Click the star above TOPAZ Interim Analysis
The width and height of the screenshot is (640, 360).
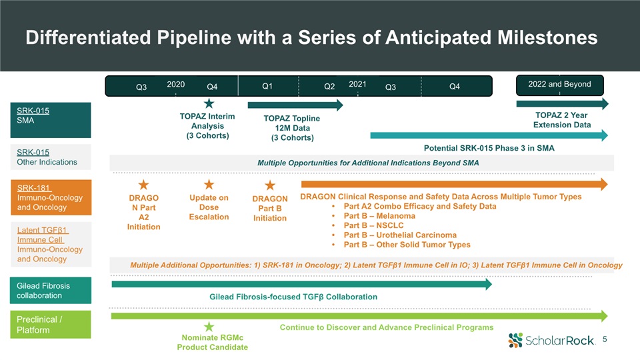click(209, 103)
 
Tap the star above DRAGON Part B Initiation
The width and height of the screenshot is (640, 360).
click(270, 185)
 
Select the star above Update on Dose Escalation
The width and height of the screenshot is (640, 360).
click(209, 185)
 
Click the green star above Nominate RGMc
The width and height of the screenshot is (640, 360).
click(209, 327)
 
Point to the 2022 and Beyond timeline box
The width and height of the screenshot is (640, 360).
click(559, 85)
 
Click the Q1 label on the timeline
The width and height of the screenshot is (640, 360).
click(267, 86)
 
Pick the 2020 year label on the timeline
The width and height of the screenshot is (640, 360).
click(176, 85)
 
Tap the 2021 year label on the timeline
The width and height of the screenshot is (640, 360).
click(357, 84)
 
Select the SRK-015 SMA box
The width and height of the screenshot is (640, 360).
click(51, 120)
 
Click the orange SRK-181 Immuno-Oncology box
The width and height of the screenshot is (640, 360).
click(51, 197)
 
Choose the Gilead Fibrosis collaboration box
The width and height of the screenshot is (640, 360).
click(51, 291)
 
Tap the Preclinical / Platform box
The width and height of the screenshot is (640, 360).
click(51, 325)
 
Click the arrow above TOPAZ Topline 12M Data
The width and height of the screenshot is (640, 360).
click(295, 105)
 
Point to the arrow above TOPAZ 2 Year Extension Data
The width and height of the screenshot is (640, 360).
click(563, 104)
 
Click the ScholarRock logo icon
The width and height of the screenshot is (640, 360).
click(515, 340)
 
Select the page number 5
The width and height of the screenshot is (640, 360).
click(605, 339)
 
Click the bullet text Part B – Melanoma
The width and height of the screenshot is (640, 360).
click(379, 216)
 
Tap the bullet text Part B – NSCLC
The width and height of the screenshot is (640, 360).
click(373, 225)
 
